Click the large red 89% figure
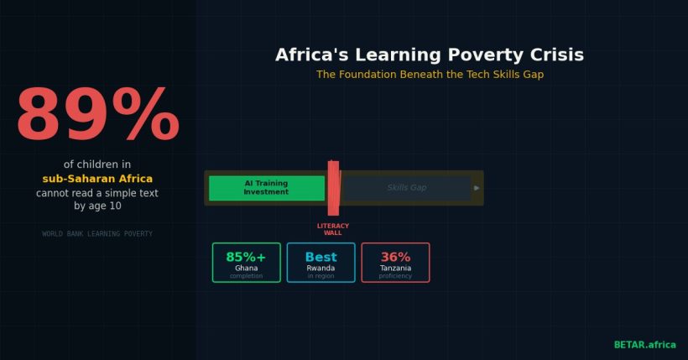97,115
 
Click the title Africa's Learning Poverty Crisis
430,55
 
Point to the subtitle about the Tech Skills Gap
430,75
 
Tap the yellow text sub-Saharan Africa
97,179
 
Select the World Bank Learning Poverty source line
97,233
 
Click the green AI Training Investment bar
266,188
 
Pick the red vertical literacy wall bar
333,188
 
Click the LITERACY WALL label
333,229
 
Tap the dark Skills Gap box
407,188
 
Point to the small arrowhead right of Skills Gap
477,188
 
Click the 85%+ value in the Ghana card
246,257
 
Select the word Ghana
246,268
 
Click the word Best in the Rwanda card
321,257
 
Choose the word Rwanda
321,268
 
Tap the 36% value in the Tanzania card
395,257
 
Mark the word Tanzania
395,268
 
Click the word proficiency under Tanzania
395,276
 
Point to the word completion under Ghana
246,276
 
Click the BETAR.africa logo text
644,344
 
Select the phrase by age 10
97,206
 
